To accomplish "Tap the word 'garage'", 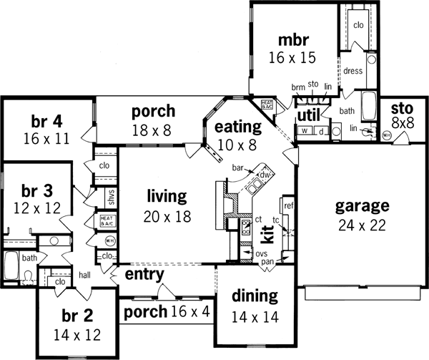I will tap(363, 207).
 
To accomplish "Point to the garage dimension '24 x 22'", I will tap(363, 224).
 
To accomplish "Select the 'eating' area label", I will tap(238, 127).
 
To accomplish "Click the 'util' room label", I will tap(307, 114).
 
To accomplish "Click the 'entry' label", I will tap(145, 274).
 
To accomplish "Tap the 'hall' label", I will tap(84, 274).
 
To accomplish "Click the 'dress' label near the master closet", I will tap(354, 71).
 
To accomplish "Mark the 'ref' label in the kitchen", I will tap(288, 205).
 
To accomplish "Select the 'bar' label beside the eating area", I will tap(238, 168).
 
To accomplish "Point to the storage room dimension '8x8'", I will tap(402, 123).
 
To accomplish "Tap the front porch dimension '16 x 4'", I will tap(189, 311).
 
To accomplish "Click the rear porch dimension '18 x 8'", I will tap(153, 130).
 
